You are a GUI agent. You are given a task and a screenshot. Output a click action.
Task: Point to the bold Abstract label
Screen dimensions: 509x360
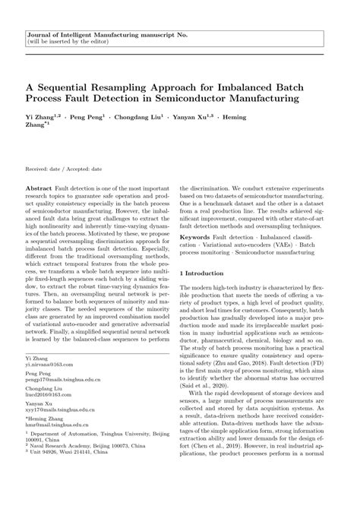point(39,187)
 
